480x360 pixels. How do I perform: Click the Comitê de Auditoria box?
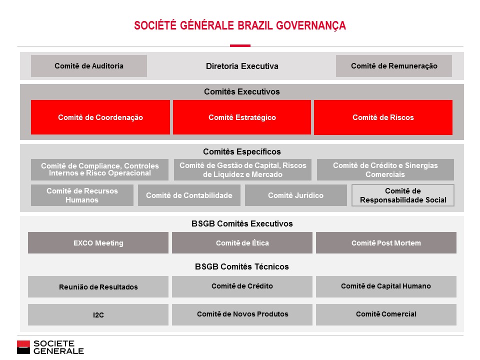tap(89, 66)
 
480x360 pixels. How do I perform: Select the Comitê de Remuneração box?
tap(394, 66)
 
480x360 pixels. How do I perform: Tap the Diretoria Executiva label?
tap(242, 66)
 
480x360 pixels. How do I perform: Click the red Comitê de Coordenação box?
tap(100, 117)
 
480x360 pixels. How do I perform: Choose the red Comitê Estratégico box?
tap(242, 117)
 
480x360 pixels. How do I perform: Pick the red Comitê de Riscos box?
tap(383, 117)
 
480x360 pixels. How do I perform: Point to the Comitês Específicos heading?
tap(242, 151)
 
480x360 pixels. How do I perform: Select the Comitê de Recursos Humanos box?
tap(82, 195)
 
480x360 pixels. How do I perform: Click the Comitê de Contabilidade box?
tap(189, 195)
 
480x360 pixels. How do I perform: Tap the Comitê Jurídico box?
tap(295, 195)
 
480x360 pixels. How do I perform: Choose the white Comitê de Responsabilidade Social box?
tap(403, 195)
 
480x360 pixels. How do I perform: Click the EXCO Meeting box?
tap(98, 243)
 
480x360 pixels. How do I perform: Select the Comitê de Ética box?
tap(242, 243)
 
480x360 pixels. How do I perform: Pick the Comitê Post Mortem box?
tap(386, 243)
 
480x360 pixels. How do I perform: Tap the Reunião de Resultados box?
tap(98, 287)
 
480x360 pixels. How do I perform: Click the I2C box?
tap(98, 315)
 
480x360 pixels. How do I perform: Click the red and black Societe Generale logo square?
tap(23, 347)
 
